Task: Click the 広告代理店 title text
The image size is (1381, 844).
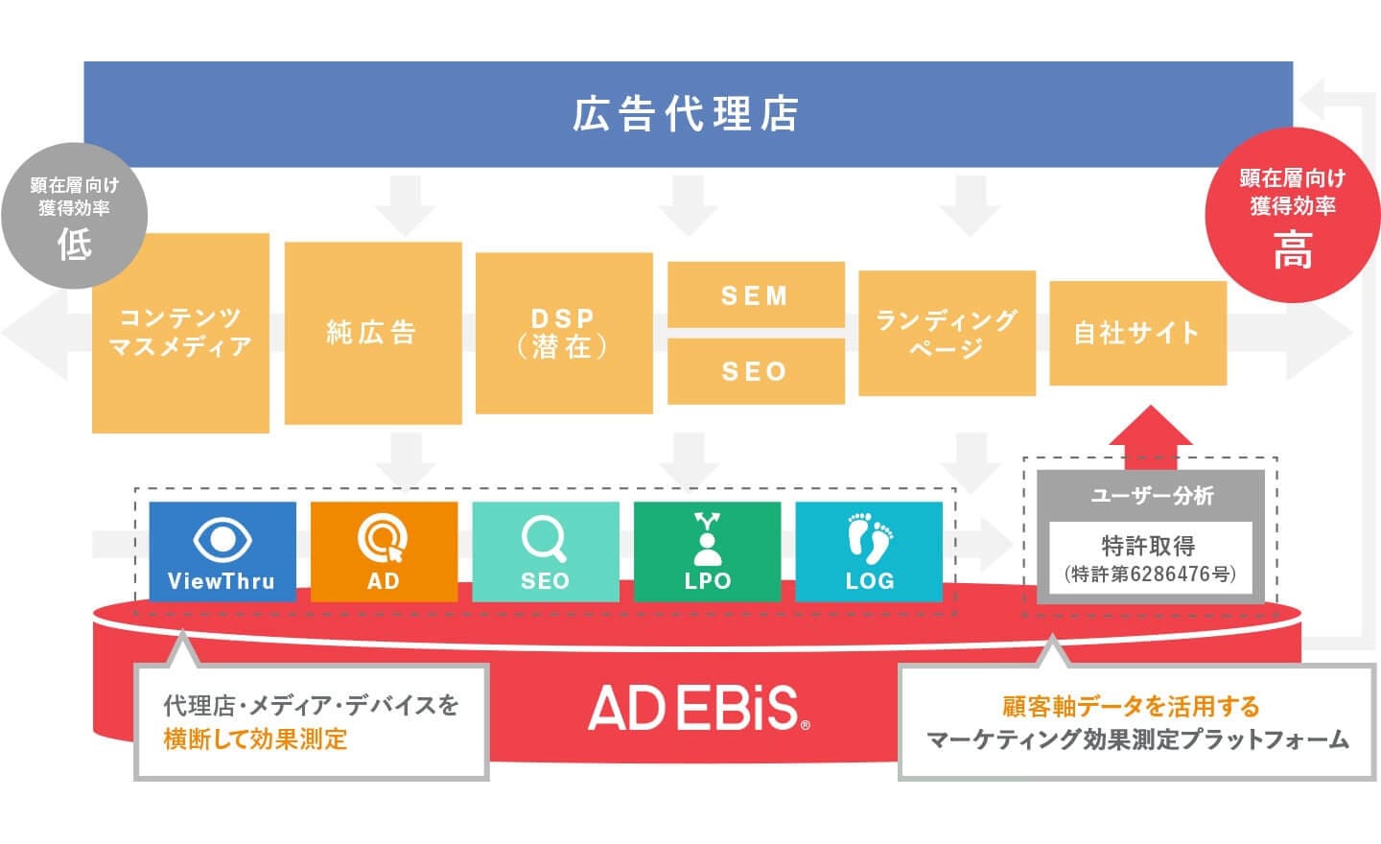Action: (687, 114)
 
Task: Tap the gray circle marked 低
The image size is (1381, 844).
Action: (75, 216)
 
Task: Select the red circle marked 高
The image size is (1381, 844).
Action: (1292, 216)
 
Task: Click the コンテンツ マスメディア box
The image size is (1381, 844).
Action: (180, 333)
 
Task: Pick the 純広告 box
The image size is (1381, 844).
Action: (372, 333)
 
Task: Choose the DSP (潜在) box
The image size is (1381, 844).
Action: (564, 333)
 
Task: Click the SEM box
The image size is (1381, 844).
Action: (756, 294)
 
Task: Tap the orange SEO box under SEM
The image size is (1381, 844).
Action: (756, 371)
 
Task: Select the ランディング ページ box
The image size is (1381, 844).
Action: (947, 333)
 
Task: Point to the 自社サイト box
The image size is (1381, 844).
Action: (1137, 333)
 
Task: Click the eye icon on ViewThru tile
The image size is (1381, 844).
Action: (222, 539)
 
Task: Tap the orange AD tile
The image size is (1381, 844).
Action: (384, 551)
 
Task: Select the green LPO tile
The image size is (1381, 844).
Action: (707, 551)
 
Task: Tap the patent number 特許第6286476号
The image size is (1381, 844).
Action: (1150, 574)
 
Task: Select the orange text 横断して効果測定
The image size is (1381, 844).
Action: (255, 739)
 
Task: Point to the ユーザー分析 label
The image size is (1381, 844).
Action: (1151, 495)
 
